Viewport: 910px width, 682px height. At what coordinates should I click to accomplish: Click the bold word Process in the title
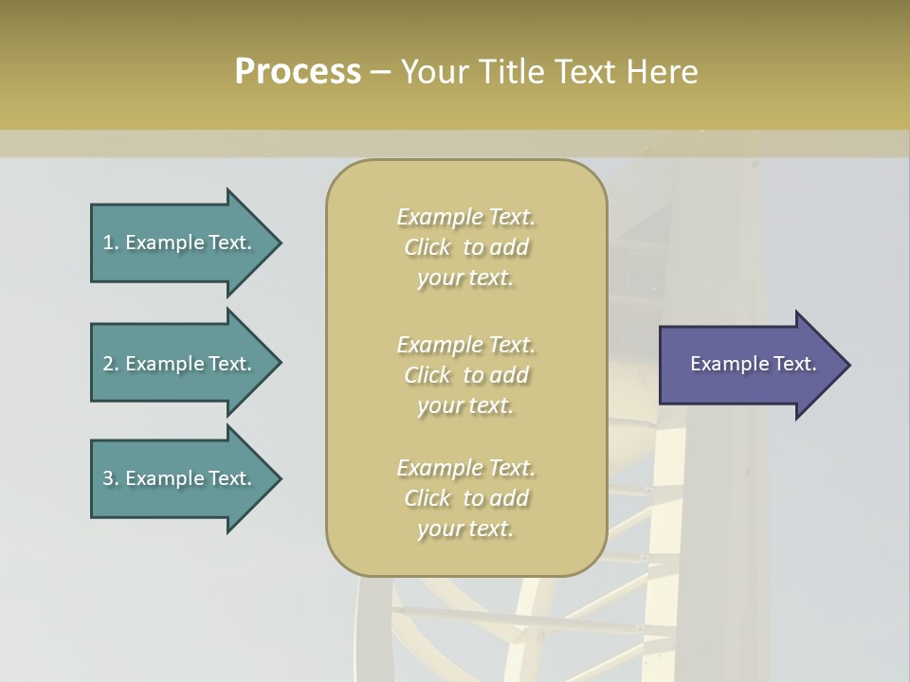click(x=298, y=72)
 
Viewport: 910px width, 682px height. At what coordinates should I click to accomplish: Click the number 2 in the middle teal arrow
click(x=108, y=364)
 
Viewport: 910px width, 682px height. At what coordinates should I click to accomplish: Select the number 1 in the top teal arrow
click(x=108, y=242)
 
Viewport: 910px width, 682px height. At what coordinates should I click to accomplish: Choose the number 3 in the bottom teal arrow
click(x=108, y=478)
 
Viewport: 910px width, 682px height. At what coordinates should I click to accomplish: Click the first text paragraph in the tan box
click(x=465, y=247)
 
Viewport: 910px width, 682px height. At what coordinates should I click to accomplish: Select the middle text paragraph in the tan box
click(x=465, y=375)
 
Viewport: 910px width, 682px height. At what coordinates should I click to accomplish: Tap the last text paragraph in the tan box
click(x=465, y=498)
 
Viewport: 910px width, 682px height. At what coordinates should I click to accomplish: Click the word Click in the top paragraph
click(x=428, y=247)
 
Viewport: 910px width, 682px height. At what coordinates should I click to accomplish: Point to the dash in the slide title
click(x=380, y=72)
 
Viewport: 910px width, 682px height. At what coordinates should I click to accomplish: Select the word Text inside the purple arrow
click(x=794, y=364)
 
